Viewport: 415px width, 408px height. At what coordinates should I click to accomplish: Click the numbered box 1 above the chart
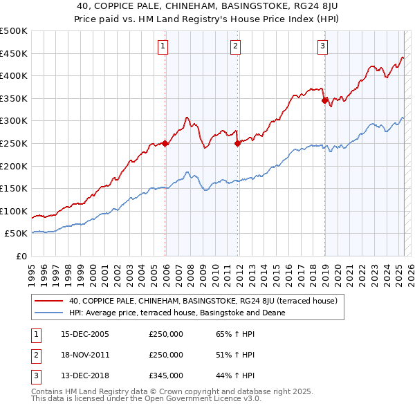tap(163, 47)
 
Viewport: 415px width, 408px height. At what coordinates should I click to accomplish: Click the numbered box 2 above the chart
tap(235, 47)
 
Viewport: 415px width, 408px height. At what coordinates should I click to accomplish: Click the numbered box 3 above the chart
tap(322, 47)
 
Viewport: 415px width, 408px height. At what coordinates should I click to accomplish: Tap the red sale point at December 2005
tap(165, 143)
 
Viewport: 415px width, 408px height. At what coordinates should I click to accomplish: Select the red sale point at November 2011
tap(237, 143)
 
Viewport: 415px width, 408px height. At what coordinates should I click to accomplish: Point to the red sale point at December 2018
tap(324, 101)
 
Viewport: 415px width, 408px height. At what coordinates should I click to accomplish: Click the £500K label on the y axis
tap(14, 31)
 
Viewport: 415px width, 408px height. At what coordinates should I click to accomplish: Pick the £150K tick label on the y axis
tap(14, 188)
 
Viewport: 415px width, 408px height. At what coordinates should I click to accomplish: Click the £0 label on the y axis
tap(20, 256)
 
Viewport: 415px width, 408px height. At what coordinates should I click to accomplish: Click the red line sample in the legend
tap(48, 301)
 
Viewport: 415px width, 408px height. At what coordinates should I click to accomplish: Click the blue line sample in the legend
tap(48, 313)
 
